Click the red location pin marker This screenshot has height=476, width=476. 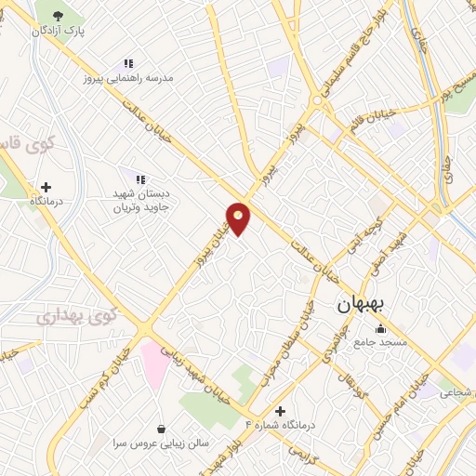tap(239, 218)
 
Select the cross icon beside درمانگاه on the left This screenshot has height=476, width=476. tap(46, 187)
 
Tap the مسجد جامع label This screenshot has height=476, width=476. tap(379, 343)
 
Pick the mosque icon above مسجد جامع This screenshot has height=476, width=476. tap(379, 328)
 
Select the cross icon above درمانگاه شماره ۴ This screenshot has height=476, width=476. tap(280, 410)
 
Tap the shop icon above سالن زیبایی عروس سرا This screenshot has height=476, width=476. tap(163, 429)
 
